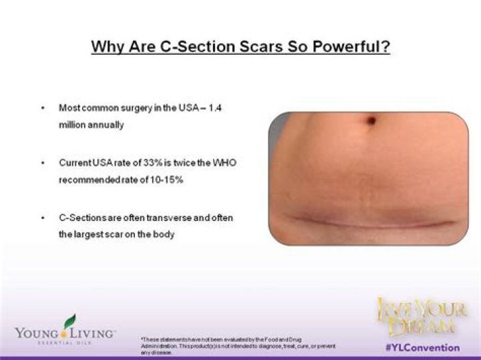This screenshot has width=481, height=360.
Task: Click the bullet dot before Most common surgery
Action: [x=43, y=108]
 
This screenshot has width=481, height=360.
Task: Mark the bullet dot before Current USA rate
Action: [x=43, y=163]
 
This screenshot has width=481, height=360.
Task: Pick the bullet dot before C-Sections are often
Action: [x=43, y=218]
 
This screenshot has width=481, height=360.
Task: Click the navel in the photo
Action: [x=371, y=121]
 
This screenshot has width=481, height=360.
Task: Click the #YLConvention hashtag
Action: [x=423, y=348]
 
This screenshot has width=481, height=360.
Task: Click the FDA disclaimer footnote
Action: [x=237, y=345]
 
